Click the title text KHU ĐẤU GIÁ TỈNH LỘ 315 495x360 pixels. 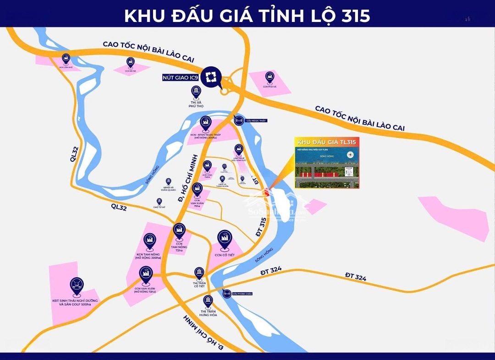pos(247,15)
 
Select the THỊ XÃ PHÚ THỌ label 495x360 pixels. pos(196,104)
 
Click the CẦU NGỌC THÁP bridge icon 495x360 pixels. pos(239,120)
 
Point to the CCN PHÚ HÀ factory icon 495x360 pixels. pos(269,76)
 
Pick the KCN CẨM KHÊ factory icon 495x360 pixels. pos(66,58)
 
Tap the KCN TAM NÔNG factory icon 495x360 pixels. pos(149,240)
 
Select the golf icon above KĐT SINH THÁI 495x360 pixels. pos(77,285)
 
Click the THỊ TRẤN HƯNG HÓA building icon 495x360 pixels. pos(208,301)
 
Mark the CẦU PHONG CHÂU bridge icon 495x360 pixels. pos(227,294)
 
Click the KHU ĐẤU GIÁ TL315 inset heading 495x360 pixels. pos(326,142)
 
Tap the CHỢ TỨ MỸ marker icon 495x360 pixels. pos(159,201)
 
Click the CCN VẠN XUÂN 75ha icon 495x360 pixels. pos(197,188)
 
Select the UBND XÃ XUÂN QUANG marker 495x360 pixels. pos(168,181)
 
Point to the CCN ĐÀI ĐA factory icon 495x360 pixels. pos(131,62)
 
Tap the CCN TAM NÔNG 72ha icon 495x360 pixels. pos(179,230)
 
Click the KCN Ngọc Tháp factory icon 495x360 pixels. pos(205,123)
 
